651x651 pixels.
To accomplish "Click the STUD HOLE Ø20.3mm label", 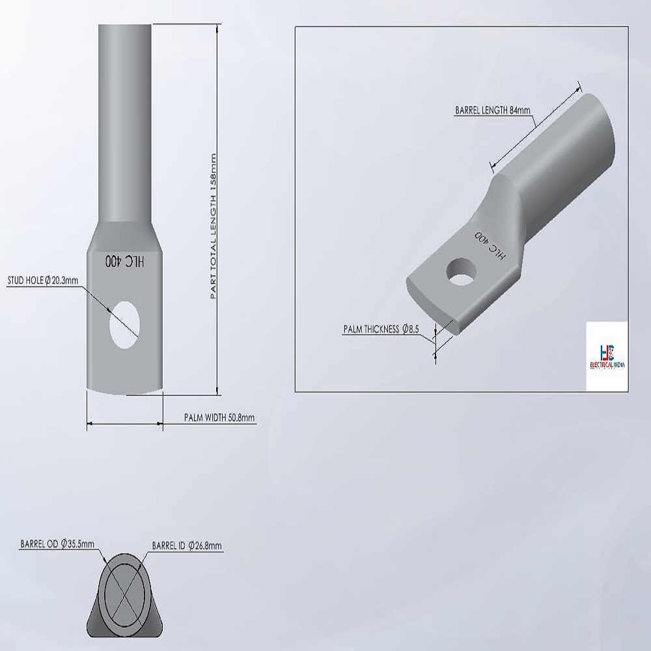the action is coord(43,281).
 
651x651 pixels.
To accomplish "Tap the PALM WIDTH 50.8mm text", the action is coord(219,417).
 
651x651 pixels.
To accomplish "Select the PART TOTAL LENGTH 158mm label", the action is coord(214,227).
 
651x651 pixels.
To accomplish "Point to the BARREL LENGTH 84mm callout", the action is coord(492,110).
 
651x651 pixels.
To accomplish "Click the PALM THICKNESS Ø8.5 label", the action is coord(381,329).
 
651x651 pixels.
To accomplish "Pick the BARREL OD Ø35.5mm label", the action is coord(57,544).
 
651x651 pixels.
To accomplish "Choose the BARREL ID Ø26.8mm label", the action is coord(186,545).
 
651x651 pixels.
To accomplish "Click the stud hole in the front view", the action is coord(124,325).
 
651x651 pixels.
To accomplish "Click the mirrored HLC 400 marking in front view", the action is coord(124,262).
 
